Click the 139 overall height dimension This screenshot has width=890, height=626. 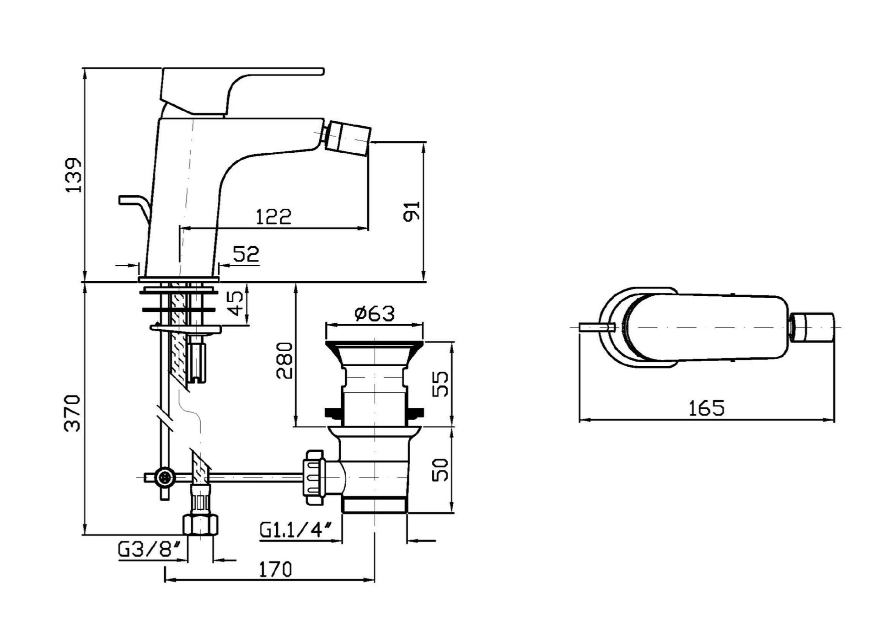tap(74, 175)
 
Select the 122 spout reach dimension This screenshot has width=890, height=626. tap(273, 217)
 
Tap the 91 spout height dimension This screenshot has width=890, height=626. tap(411, 211)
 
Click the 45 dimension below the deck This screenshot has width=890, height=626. tap(236, 303)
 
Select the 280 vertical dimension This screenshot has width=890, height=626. tap(284, 360)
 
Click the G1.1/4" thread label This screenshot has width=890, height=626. tap(295, 530)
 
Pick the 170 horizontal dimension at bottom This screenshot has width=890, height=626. tap(275, 569)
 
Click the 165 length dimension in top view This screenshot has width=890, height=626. tap(707, 408)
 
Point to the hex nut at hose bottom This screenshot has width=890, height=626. tap(200, 524)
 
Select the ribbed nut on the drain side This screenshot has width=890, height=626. tap(315, 477)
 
